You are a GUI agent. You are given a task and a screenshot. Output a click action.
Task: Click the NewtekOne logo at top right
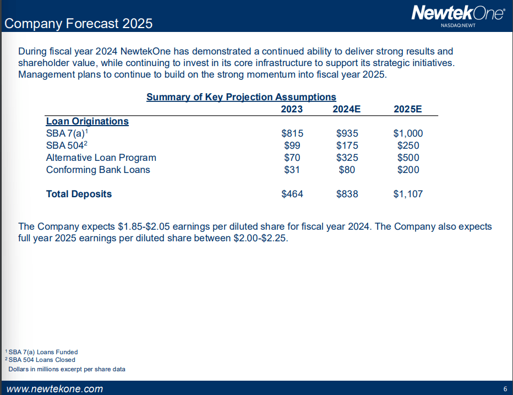click(x=458, y=14)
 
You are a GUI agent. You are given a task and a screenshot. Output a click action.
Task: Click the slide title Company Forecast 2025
click(x=78, y=24)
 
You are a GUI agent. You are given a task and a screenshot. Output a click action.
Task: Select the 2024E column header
click(x=346, y=109)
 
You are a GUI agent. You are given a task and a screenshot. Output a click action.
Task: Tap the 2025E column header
click(x=408, y=109)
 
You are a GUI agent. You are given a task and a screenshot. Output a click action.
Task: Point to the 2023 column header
click(x=292, y=109)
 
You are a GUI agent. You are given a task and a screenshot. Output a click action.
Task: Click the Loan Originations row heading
click(x=87, y=121)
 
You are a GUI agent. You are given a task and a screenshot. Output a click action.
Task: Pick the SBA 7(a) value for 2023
click(x=292, y=133)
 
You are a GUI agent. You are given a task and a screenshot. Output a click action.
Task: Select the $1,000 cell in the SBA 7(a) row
click(x=408, y=133)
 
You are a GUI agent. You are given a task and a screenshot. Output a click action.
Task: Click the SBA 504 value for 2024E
click(x=347, y=145)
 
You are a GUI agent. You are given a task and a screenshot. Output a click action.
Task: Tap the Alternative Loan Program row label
click(x=101, y=158)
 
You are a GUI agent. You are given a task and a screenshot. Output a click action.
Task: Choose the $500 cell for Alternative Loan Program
click(x=408, y=158)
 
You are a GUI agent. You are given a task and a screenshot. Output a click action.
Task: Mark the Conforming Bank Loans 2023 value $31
click(x=292, y=170)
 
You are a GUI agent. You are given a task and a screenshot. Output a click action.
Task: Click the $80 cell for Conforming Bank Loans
click(x=347, y=170)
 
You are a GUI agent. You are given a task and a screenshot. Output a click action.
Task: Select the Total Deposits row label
click(x=79, y=194)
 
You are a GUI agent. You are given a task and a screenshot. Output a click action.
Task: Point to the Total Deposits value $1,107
click(x=408, y=194)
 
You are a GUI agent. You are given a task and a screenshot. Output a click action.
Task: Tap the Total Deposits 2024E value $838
click(x=347, y=194)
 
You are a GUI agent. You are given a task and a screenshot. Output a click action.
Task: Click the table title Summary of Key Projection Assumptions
click(x=241, y=97)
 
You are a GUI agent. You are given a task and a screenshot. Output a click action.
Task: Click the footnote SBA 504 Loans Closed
click(x=42, y=360)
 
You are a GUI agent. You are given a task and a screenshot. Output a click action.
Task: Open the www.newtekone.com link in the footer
click(x=54, y=389)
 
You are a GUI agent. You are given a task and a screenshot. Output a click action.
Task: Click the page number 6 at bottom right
click(x=505, y=389)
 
